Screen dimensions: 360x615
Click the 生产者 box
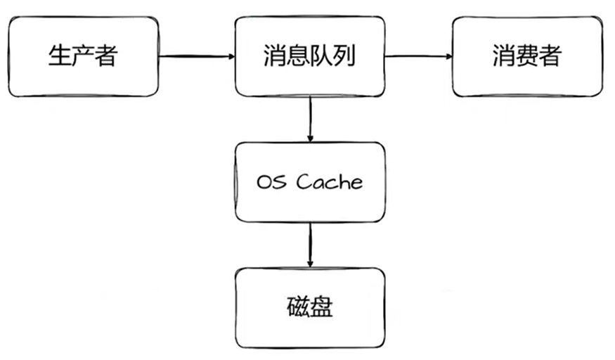pos(82,56)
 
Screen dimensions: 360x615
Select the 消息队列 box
pos(309,56)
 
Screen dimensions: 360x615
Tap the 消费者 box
pos(526,56)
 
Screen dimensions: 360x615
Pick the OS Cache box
pos(309,182)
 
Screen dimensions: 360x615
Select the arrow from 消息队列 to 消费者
pos(417,56)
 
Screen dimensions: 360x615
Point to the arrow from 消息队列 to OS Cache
pos(309,119)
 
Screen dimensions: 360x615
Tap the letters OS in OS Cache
pos(271,182)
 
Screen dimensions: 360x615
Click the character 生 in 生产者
pos(59,56)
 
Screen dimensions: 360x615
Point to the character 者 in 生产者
pos(105,56)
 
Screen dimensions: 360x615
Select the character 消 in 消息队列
pos(275,56)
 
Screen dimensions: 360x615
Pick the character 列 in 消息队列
pos(344,56)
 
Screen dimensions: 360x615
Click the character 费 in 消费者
pos(526,56)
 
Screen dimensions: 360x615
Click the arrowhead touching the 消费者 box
pos(446,56)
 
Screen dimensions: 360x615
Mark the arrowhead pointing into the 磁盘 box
pos(309,263)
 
